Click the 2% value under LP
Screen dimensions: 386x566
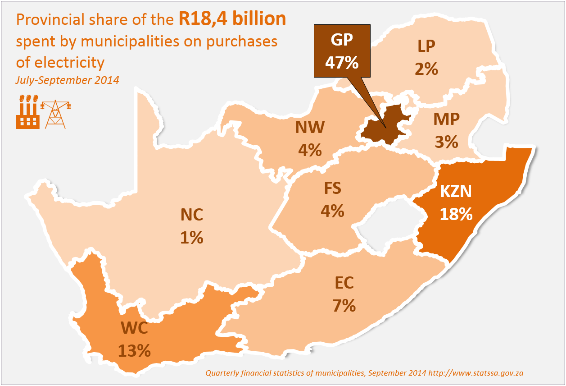(x=426, y=69)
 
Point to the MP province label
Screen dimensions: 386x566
(x=446, y=119)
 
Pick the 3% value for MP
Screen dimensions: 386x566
(x=446, y=142)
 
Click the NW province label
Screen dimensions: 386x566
(x=310, y=128)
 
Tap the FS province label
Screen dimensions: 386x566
(x=332, y=188)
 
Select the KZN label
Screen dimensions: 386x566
(x=456, y=192)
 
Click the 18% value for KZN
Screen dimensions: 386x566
(x=456, y=214)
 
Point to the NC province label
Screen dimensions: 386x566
(x=192, y=215)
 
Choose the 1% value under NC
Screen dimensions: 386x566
(x=192, y=238)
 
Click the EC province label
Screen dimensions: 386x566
(x=344, y=283)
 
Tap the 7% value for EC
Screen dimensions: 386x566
(x=344, y=306)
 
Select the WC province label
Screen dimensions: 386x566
(x=134, y=328)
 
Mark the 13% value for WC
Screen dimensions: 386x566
(x=134, y=351)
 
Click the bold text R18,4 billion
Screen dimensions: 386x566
(x=232, y=19)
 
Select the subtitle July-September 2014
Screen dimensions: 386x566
(x=68, y=80)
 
